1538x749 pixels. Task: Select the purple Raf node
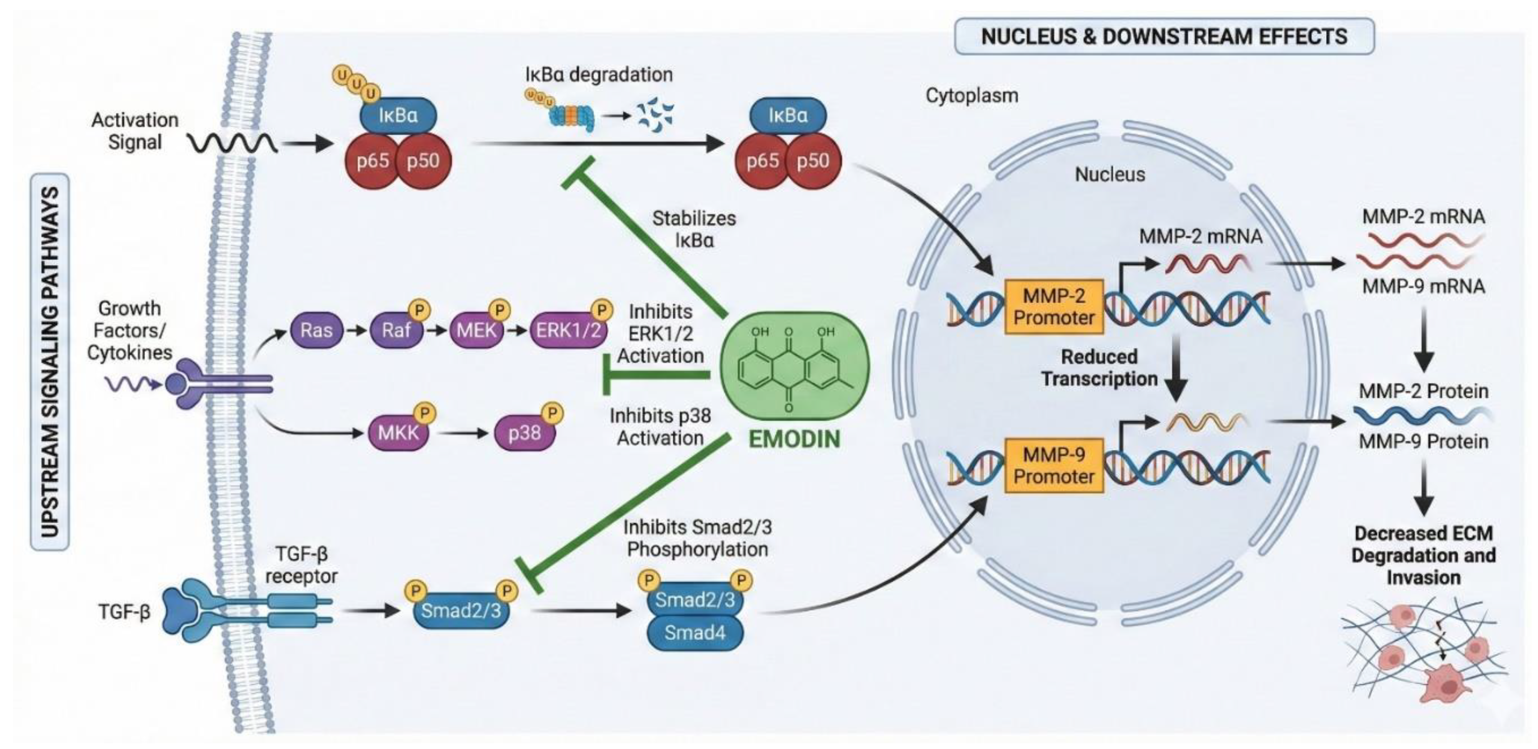(396, 330)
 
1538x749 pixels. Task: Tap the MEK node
(476, 330)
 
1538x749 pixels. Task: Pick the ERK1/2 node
(568, 330)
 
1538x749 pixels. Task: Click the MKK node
(398, 433)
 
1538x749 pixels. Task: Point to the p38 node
(524, 433)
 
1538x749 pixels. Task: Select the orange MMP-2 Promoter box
(1054, 307)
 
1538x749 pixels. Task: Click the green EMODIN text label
(794, 440)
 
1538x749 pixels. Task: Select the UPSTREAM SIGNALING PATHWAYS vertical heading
(51, 361)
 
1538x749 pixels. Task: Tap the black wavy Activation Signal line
(233, 143)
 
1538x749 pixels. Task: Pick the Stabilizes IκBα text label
(694, 229)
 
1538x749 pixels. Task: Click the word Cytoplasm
(971, 95)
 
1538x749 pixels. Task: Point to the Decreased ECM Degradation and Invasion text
(1423, 555)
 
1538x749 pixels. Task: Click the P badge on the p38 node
(552, 412)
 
